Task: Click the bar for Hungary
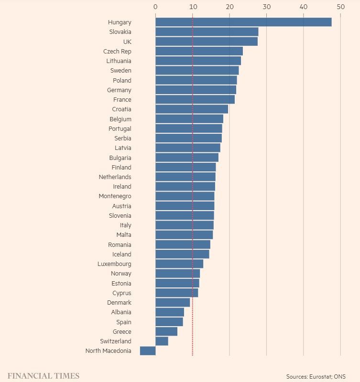coord(243,22)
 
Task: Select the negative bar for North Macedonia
coord(148,351)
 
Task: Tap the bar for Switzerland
coord(162,341)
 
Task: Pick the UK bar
coord(207,42)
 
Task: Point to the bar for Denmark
coord(173,303)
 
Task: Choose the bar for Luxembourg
coord(179,264)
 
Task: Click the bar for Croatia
coord(192,109)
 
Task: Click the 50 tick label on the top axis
coord(340,7)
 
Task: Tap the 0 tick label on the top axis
coord(155,7)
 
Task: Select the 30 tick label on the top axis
coord(266,7)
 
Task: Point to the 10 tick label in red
coord(192,7)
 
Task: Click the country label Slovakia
coord(120,32)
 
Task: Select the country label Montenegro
coord(115,196)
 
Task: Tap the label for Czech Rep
coord(117,51)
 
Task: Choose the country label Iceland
coord(121,255)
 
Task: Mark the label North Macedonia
coord(108,351)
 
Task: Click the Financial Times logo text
coord(43,376)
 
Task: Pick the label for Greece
coord(122,332)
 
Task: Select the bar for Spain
coord(169,322)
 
